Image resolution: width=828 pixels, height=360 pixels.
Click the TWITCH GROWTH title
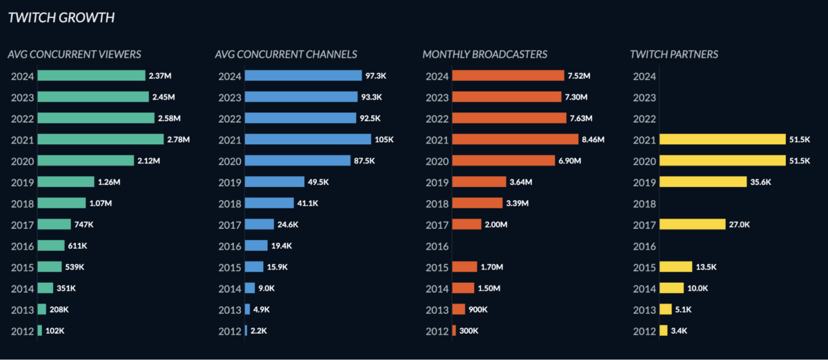pyautogui.click(x=61, y=17)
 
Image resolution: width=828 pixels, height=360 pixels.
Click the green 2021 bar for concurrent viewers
pyautogui.click(x=101, y=139)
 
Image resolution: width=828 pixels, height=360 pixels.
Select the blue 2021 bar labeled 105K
pyautogui.click(x=308, y=139)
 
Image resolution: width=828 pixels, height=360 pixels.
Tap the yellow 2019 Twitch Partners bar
pyautogui.click(x=703, y=182)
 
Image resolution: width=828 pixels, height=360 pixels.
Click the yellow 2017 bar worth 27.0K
pyautogui.click(x=692, y=224)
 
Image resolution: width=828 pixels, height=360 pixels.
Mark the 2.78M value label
pyautogui.click(x=178, y=139)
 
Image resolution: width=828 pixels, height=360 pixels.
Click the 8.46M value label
pyautogui.click(x=593, y=139)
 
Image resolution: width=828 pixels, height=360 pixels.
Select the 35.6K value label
pyautogui.click(x=761, y=182)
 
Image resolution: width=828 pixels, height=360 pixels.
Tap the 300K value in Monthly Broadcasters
pyautogui.click(x=468, y=331)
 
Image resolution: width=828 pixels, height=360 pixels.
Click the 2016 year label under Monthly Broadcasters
pyautogui.click(x=436, y=246)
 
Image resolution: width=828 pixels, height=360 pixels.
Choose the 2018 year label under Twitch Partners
pyautogui.click(x=644, y=204)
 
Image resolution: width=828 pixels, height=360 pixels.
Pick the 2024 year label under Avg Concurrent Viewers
pyautogui.click(x=22, y=76)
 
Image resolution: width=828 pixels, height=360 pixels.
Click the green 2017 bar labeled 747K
pyautogui.click(x=55, y=224)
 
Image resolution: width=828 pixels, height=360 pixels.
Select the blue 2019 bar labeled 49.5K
pyautogui.click(x=275, y=182)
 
